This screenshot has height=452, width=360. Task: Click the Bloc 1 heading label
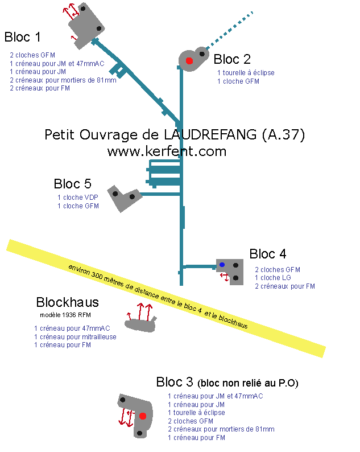point(23,38)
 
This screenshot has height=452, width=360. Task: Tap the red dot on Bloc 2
point(189,60)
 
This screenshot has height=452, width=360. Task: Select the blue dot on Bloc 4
point(222,265)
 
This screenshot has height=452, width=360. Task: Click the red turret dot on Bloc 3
point(143,416)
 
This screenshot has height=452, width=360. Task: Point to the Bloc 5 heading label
point(72,184)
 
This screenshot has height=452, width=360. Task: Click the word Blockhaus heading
point(67,302)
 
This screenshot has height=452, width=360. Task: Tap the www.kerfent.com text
point(167,151)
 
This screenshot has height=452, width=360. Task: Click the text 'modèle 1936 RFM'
point(66,315)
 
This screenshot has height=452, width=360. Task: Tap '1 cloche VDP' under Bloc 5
point(77,198)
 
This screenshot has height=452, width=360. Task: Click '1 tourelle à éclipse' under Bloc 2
point(246,73)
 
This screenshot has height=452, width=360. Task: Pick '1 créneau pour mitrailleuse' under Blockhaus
point(75,336)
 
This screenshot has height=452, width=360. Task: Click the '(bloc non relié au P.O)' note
point(249,382)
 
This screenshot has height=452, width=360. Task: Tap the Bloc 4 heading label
point(271,254)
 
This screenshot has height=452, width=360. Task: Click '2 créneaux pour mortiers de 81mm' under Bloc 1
point(63,80)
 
